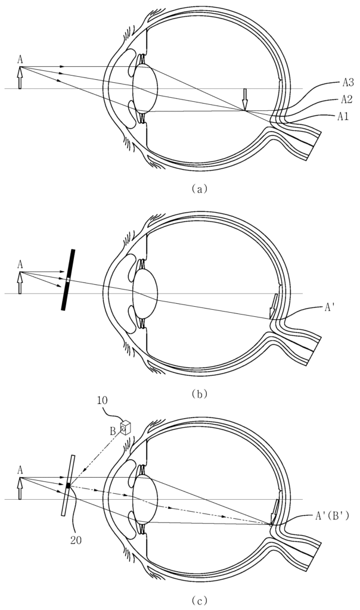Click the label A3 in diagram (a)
tap(347, 82)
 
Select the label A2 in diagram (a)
tap(346, 99)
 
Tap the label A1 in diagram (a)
tap(343, 116)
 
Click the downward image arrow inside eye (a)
tap(244, 99)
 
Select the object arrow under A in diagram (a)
tap(20, 77)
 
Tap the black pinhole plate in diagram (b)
tap(68, 280)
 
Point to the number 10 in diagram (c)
tap(103, 400)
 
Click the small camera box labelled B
tap(125, 427)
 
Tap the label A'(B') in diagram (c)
tap(331, 516)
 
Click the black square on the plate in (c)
tap(69, 485)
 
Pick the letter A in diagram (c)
tap(20, 470)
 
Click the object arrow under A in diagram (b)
tap(20, 283)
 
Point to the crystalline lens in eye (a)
tap(145, 89)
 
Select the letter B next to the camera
tap(113, 431)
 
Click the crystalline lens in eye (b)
tap(145, 294)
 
